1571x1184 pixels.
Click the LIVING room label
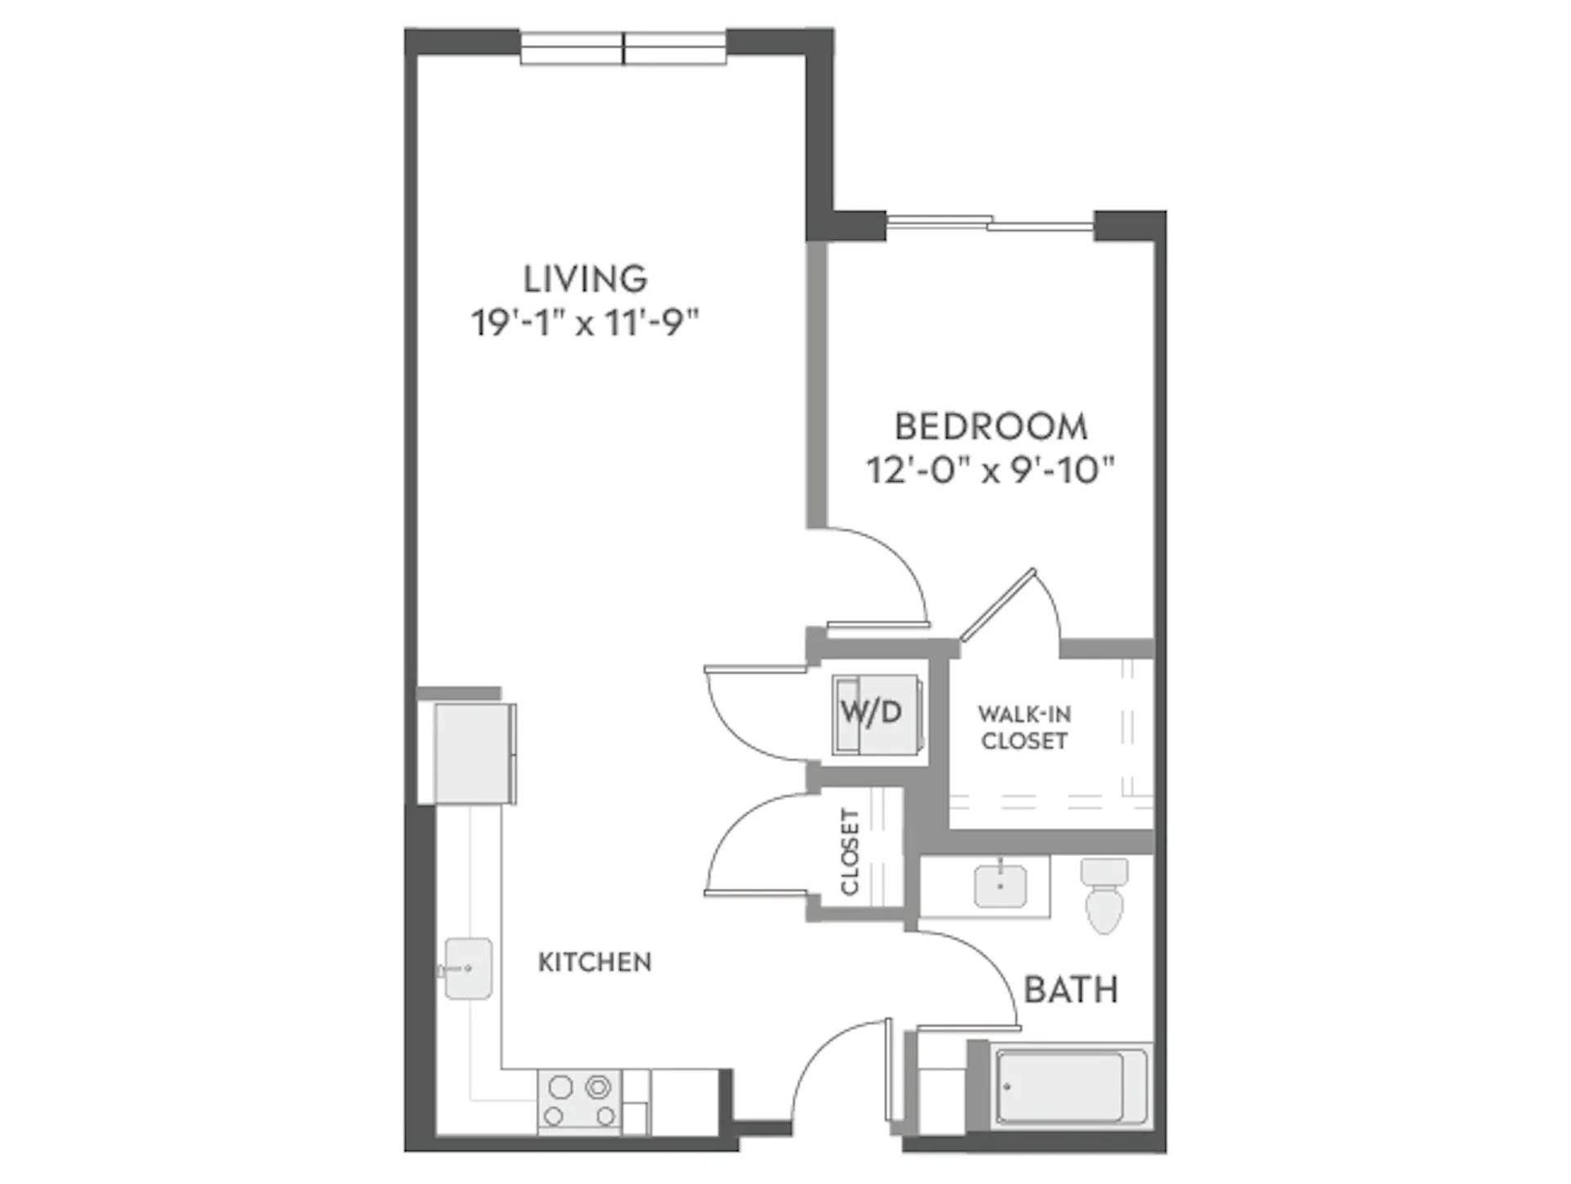pos(585,279)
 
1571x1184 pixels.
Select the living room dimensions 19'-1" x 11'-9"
pos(585,323)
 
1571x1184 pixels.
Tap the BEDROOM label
pos(991,426)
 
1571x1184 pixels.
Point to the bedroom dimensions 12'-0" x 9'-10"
pos(991,470)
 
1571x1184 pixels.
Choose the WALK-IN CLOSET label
pos(1024,727)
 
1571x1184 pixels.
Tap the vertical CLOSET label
pos(850,852)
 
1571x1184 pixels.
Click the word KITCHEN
pos(595,962)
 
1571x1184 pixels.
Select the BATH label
pos(1071,990)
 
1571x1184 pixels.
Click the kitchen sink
pos(467,969)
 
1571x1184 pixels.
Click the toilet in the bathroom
pos(1105,895)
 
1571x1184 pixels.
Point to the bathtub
pos(1060,1087)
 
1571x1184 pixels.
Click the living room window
pos(623,48)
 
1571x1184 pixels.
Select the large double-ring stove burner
pos(599,1087)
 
